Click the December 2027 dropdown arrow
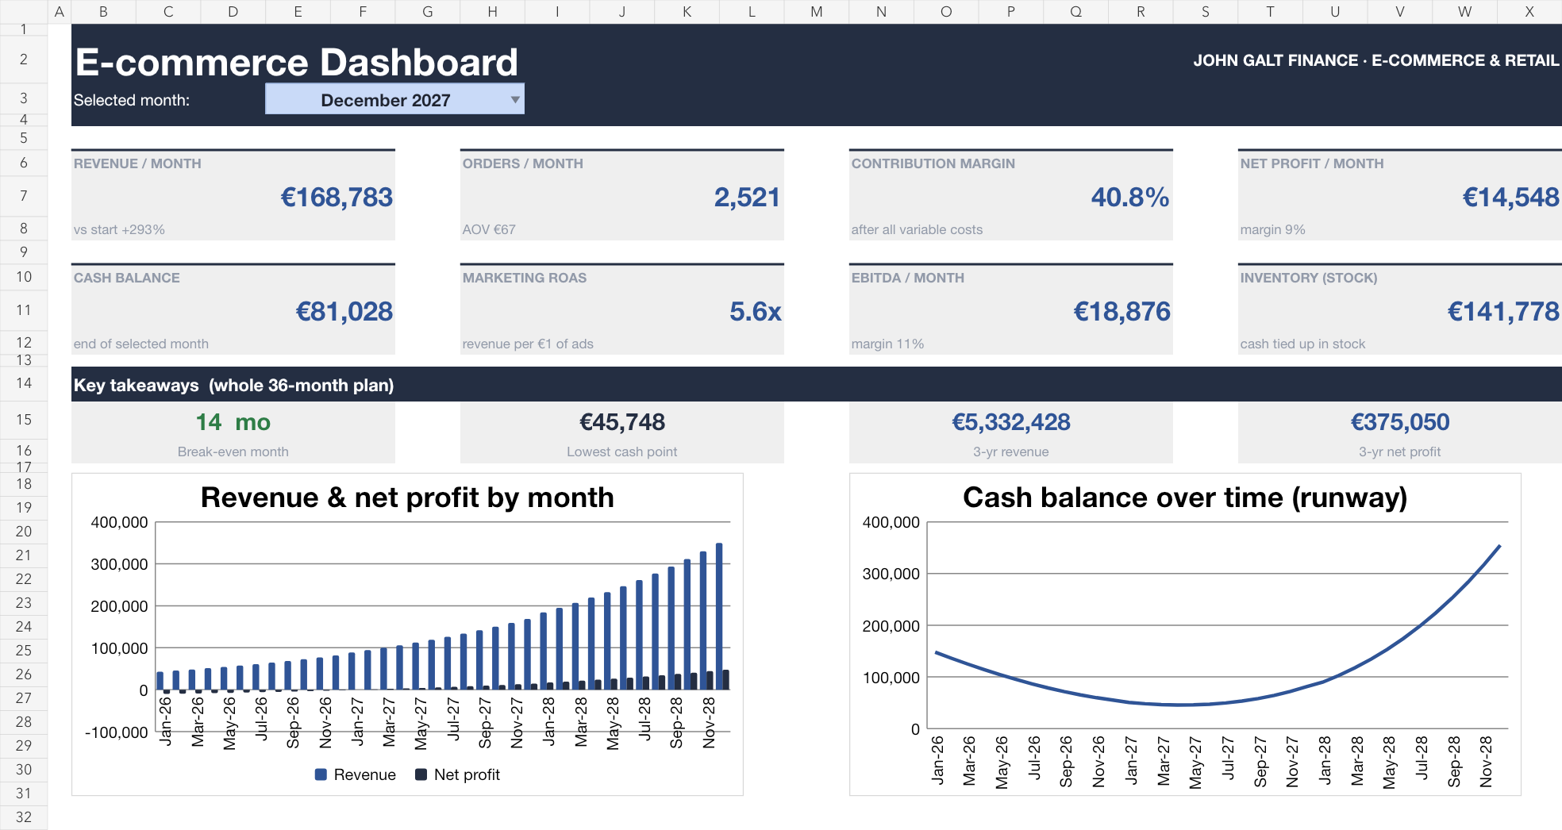tap(515, 100)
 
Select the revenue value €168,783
tap(337, 197)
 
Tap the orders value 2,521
tap(747, 197)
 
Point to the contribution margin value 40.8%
tap(1130, 197)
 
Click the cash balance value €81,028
tap(344, 311)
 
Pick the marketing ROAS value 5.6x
tap(756, 311)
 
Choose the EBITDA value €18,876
tap(1121, 311)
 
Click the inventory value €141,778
tap(1503, 311)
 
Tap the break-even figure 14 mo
tap(233, 422)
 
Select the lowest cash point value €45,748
tap(622, 422)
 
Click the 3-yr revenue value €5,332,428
tap(1011, 422)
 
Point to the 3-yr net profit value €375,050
tap(1400, 422)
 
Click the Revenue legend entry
tap(356, 774)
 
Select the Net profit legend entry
tap(458, 774)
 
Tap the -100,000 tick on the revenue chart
tap(117, 732)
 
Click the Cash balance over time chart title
tap(1185, 498)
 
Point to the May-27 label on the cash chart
tap(1195, 763)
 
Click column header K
tap(687, 12)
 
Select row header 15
tap(24, 420)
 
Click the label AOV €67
tap(489, 229)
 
